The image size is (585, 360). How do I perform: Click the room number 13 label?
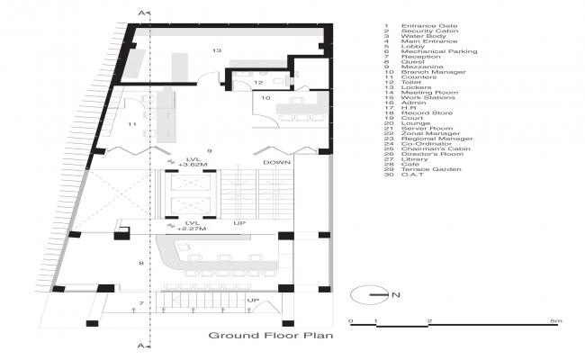[x=216, y=51]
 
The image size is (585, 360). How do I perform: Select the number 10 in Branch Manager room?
[x=265, y=96]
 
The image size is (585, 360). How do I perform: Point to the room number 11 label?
[x=131, y=123]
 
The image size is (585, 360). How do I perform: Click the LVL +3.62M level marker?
[x=192, y=161]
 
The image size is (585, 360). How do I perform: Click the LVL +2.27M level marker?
[x=192, y=225]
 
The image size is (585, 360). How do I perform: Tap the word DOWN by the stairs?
[x=276, y=162]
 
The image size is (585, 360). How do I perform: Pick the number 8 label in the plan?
[x=141, y=263]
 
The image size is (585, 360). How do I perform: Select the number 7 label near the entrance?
[x=141, y=303]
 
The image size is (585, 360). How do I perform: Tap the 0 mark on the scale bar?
[x=351, y=321]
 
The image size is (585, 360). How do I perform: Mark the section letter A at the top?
[x=141, y=11]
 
